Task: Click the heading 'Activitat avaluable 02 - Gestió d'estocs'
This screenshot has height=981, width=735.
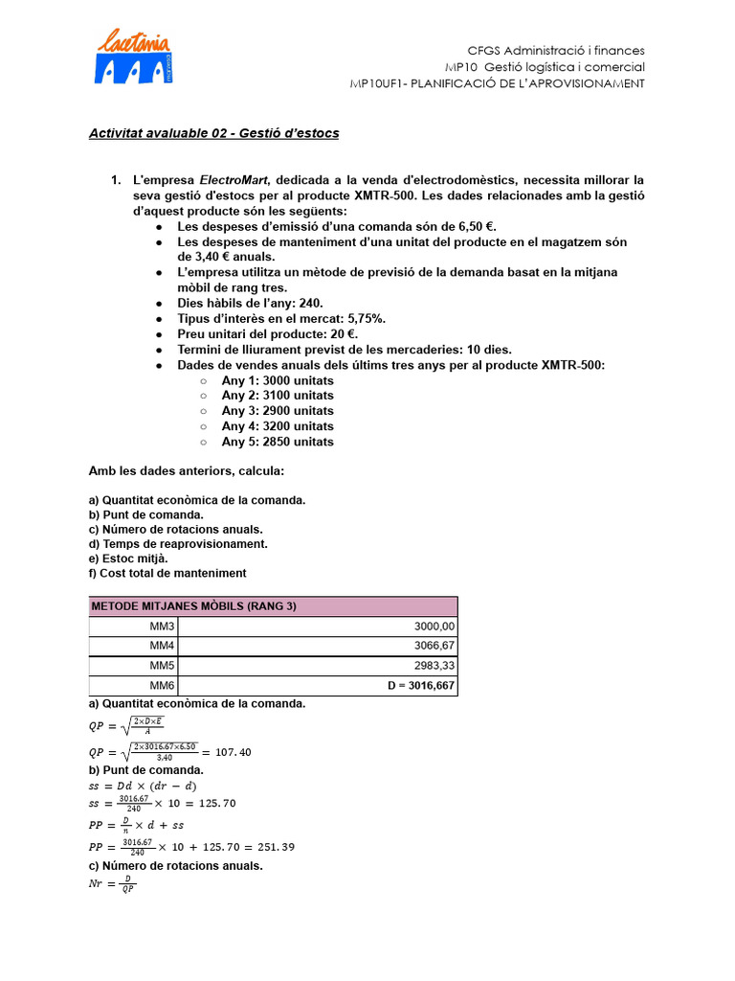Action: [x=213, y=133]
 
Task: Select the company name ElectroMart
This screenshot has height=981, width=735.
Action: [x=234, y=180]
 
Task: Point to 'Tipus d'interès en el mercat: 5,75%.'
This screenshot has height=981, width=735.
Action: [x=281, y=318]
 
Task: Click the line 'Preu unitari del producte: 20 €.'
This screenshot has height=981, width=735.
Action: [x=267, y=333]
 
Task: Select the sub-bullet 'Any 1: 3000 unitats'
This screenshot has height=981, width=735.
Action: [x=278, y=380]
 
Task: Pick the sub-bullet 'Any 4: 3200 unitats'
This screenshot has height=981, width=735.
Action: [x=278, y=426]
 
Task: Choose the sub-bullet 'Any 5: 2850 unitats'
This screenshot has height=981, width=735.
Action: [x=278, y=442]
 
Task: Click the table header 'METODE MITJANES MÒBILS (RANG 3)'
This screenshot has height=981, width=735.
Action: [x=193, y=606]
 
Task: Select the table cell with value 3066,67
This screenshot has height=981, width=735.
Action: [x=434, y=646]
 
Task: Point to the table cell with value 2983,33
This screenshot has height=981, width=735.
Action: [x=434, y=666]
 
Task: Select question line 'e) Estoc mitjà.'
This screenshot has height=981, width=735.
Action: [x=128, y=558]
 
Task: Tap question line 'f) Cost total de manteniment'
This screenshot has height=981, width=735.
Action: [x=167, y=573]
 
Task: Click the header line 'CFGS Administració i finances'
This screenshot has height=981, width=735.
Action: [x=555, y=50]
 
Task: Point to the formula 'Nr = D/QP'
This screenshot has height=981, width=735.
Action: [x=112, y=885]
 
